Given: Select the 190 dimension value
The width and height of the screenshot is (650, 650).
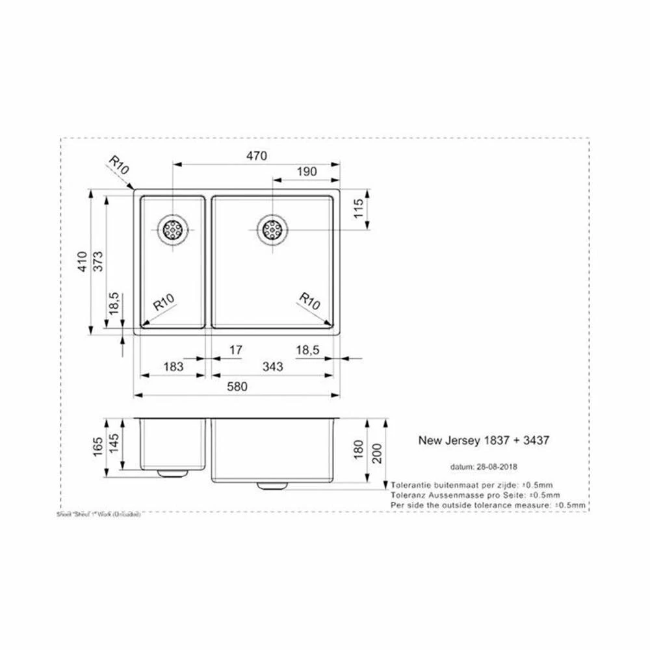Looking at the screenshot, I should pyautogui.click(x=306, y=172).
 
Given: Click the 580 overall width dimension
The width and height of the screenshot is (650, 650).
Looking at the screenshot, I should pyautogui.click(x=238, y=387).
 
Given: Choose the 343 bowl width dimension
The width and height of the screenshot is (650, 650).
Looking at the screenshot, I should pyautogui.click(x=273, y=367).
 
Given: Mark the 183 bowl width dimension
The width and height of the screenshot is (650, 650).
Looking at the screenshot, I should pyautogui.click(x=173, y=367).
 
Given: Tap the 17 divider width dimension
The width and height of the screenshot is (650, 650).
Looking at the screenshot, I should pyautogui.click(x=235, y=350).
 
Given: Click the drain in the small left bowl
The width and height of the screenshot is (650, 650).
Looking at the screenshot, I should pyautogui.click(x=173, y=229).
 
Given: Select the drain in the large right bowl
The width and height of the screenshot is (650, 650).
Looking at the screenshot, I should pyautogui.click(x=271, y=229).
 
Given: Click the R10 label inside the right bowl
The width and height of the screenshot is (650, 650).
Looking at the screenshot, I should pyautogui.click(x=310, y=302).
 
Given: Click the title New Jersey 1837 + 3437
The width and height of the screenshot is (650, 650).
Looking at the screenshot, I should pyautogui.click(x=484, y=440).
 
